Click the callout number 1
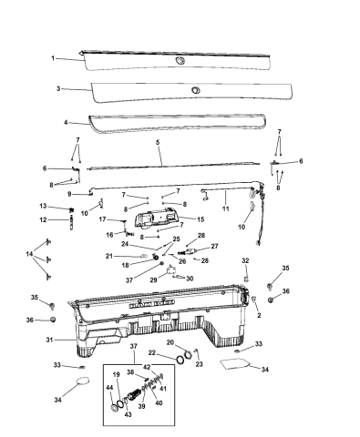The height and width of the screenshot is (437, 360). [53, 58]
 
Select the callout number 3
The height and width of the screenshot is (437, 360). [58, 88]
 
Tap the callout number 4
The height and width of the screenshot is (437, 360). [66, 122]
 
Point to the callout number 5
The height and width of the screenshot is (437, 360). [158, 142]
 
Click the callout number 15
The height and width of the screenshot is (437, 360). [201, 219]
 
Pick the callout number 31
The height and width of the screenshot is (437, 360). [49, 340]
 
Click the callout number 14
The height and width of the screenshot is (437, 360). [29, 254]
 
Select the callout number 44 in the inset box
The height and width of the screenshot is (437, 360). [109, 387]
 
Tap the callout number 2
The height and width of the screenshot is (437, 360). [259, 315]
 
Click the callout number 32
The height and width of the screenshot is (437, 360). [245, 260]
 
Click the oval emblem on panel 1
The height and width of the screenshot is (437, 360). [180, 60]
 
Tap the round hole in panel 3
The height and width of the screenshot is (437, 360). [195, 90]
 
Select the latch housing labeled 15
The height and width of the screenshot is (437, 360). [157, 217]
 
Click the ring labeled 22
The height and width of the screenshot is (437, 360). [180, 359]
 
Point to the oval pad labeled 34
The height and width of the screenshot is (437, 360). [83, 381]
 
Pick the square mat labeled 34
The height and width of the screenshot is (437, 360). [235, 364]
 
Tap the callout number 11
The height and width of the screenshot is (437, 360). [226, 208]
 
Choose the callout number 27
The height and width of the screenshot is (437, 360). [214, 246]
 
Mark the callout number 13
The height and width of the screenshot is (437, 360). [43, 206]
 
